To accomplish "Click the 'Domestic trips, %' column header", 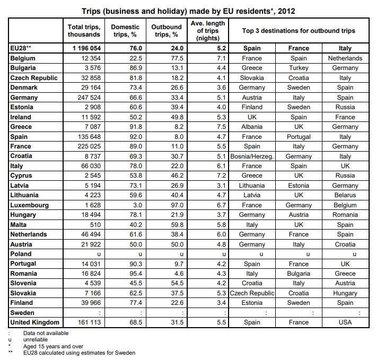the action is coord(125,31).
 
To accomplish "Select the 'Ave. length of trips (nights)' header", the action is coord(208,31).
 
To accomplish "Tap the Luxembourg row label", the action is coord(30,205).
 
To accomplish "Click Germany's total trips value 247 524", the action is coord(89,98).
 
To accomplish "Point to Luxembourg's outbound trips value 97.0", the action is coord(177,205).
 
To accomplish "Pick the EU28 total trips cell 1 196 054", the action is coord(86,48).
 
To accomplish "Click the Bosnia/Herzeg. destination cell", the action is coord(252,156).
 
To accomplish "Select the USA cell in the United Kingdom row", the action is coord(345,322).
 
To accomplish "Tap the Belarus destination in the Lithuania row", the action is coord(345,195).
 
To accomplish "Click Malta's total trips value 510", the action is coord(95,225).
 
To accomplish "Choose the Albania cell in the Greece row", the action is coord(252,127).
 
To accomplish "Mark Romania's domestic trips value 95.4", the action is coord(136,274).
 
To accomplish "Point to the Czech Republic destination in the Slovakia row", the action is coord(252,293).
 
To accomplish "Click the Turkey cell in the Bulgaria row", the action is coord(299,68).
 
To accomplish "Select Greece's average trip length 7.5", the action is coord(221,127).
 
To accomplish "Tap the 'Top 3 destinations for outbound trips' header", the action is coord(299,31).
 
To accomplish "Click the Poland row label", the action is coord(21,254).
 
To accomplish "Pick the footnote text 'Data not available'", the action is coord(46,333).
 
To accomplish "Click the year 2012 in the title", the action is coord(286,11).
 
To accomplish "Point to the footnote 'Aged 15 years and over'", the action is coord(53,346).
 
